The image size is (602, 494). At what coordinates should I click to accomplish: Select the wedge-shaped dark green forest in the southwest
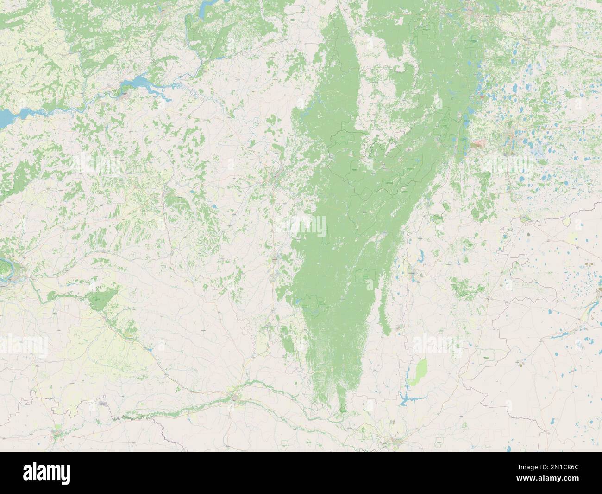pyautogui.click(x=103, y=299)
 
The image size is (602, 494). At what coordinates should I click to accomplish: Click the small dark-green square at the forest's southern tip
pyautogui.click(x=343, y=408)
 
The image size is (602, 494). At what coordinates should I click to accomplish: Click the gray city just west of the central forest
pyautogui.click(x=278, y=176)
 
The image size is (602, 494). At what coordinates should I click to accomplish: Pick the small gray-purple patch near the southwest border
pyautogui.click(x=103, y=404)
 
